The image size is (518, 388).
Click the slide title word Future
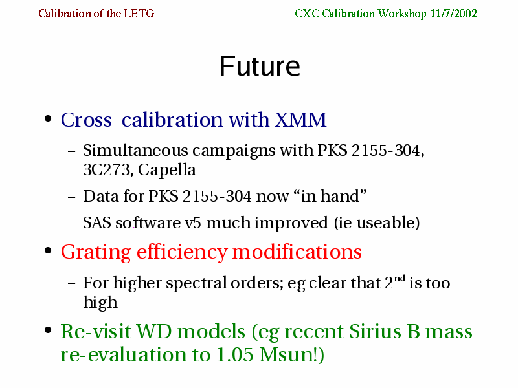260,67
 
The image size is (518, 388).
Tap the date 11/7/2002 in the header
453,14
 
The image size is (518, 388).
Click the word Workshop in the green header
402,14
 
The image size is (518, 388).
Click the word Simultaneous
135,151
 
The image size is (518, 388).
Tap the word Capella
167,171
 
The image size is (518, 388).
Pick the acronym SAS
96,222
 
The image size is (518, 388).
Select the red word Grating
96,253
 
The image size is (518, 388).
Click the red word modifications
297,252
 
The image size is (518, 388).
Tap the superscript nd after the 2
400,279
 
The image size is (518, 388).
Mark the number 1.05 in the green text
234,355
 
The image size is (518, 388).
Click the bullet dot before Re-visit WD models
48,330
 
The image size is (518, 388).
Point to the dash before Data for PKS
72,197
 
